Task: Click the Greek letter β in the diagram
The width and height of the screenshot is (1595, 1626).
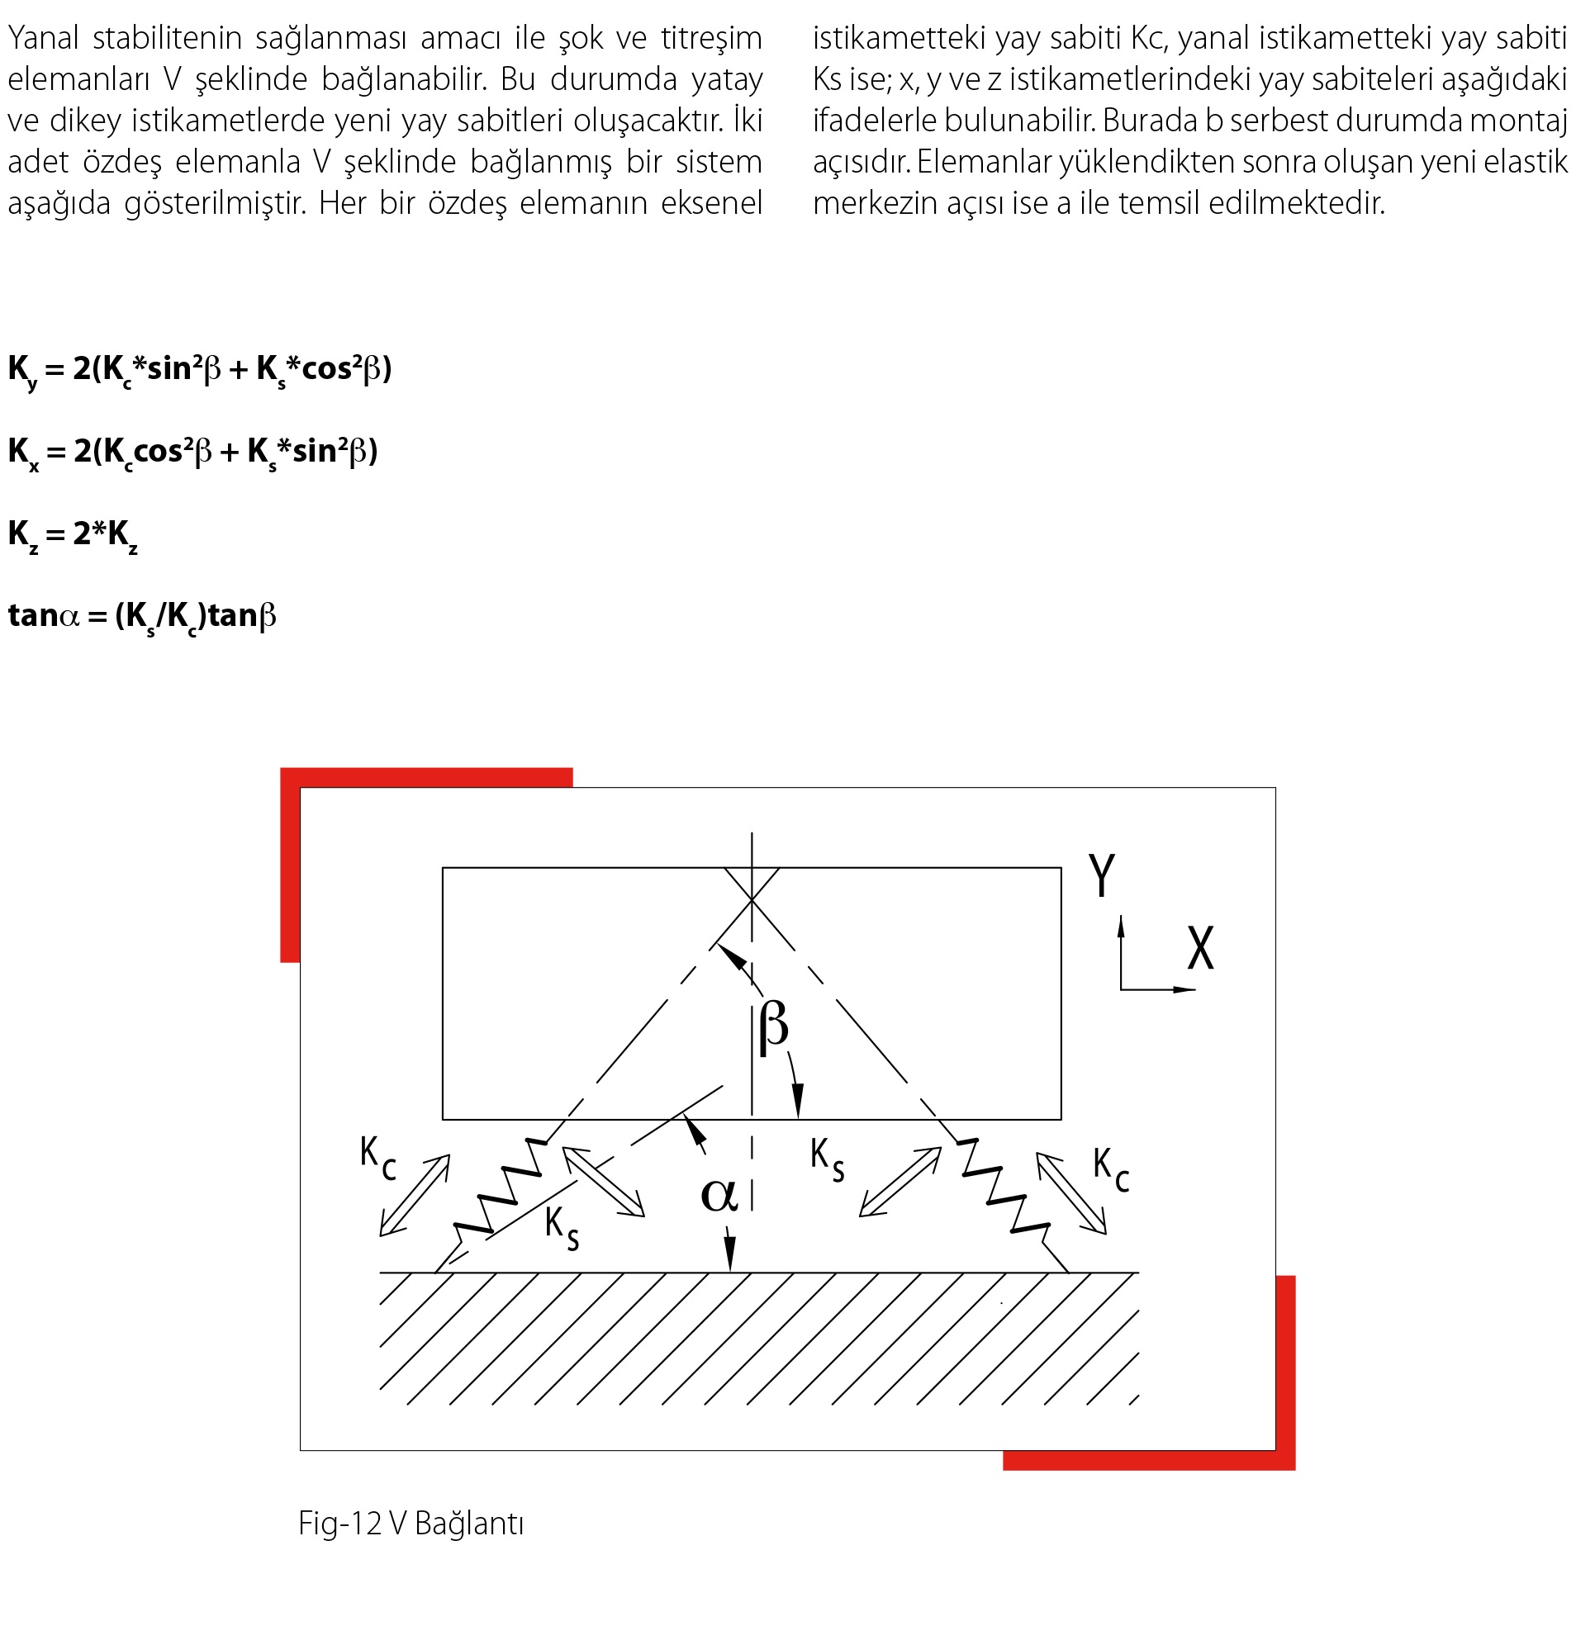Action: [773, 1029]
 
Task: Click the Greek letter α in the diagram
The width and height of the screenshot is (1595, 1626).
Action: [719, 1194]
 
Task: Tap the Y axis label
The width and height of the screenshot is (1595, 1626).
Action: [1102, 875]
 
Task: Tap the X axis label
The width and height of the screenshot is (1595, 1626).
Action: [1200, 948]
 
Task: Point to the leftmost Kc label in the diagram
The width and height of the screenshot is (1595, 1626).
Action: [377, 1157]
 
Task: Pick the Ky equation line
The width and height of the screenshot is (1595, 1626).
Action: [199, 369]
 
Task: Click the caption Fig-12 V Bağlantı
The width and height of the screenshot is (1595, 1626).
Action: [411, 1524]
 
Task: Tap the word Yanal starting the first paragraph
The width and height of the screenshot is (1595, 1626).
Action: [43, 39]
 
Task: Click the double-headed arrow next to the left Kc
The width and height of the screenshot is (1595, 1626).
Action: [415, 1196]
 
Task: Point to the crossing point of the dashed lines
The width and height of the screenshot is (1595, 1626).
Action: [752, 898]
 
